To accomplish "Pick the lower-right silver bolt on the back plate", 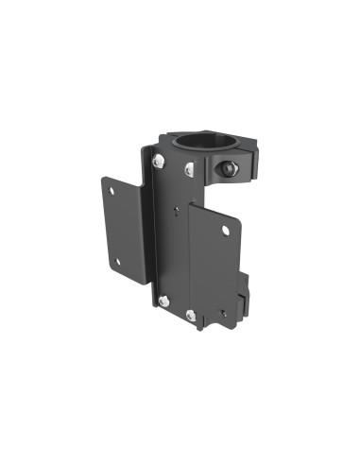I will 192,314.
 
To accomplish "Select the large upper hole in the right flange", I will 226,230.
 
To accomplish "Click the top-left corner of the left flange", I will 101,176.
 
